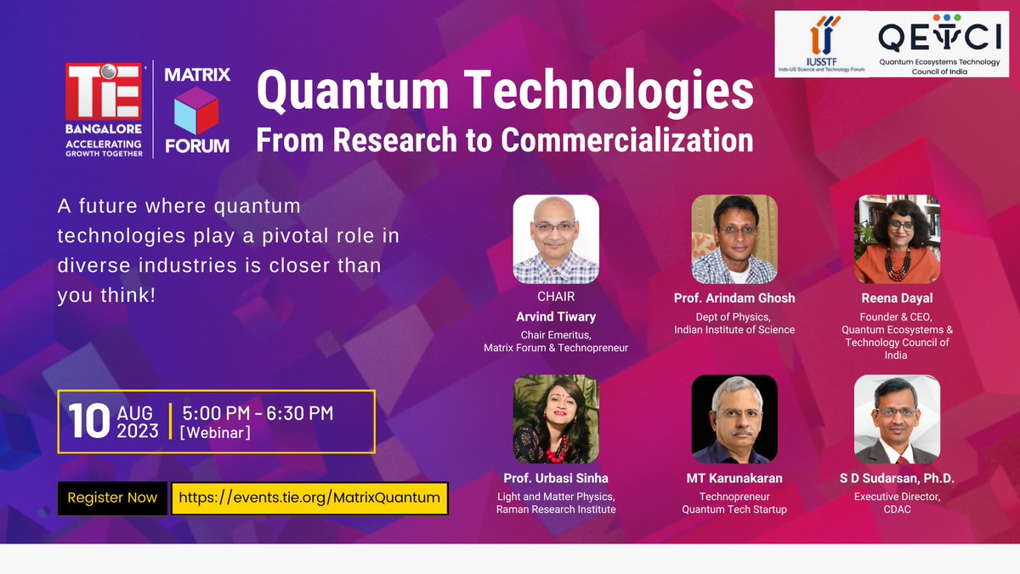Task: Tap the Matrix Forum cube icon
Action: coord(196,110)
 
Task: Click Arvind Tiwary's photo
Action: coord(556,239)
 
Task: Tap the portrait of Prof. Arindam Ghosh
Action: coord(734,239)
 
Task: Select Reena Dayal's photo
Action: coord(897,239)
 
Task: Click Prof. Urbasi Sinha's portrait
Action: coord(556,419)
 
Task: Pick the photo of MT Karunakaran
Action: coord(734,419)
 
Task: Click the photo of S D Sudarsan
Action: coord(897,419)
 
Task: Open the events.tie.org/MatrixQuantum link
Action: coord(309,497)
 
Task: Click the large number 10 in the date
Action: coord(89,421)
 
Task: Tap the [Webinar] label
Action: coord(215,434)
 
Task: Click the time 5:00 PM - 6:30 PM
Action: coord(258,413)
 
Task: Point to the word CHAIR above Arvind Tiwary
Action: coord(556,297)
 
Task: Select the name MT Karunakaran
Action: coord(734,479)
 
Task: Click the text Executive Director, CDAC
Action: coord(897,502)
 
